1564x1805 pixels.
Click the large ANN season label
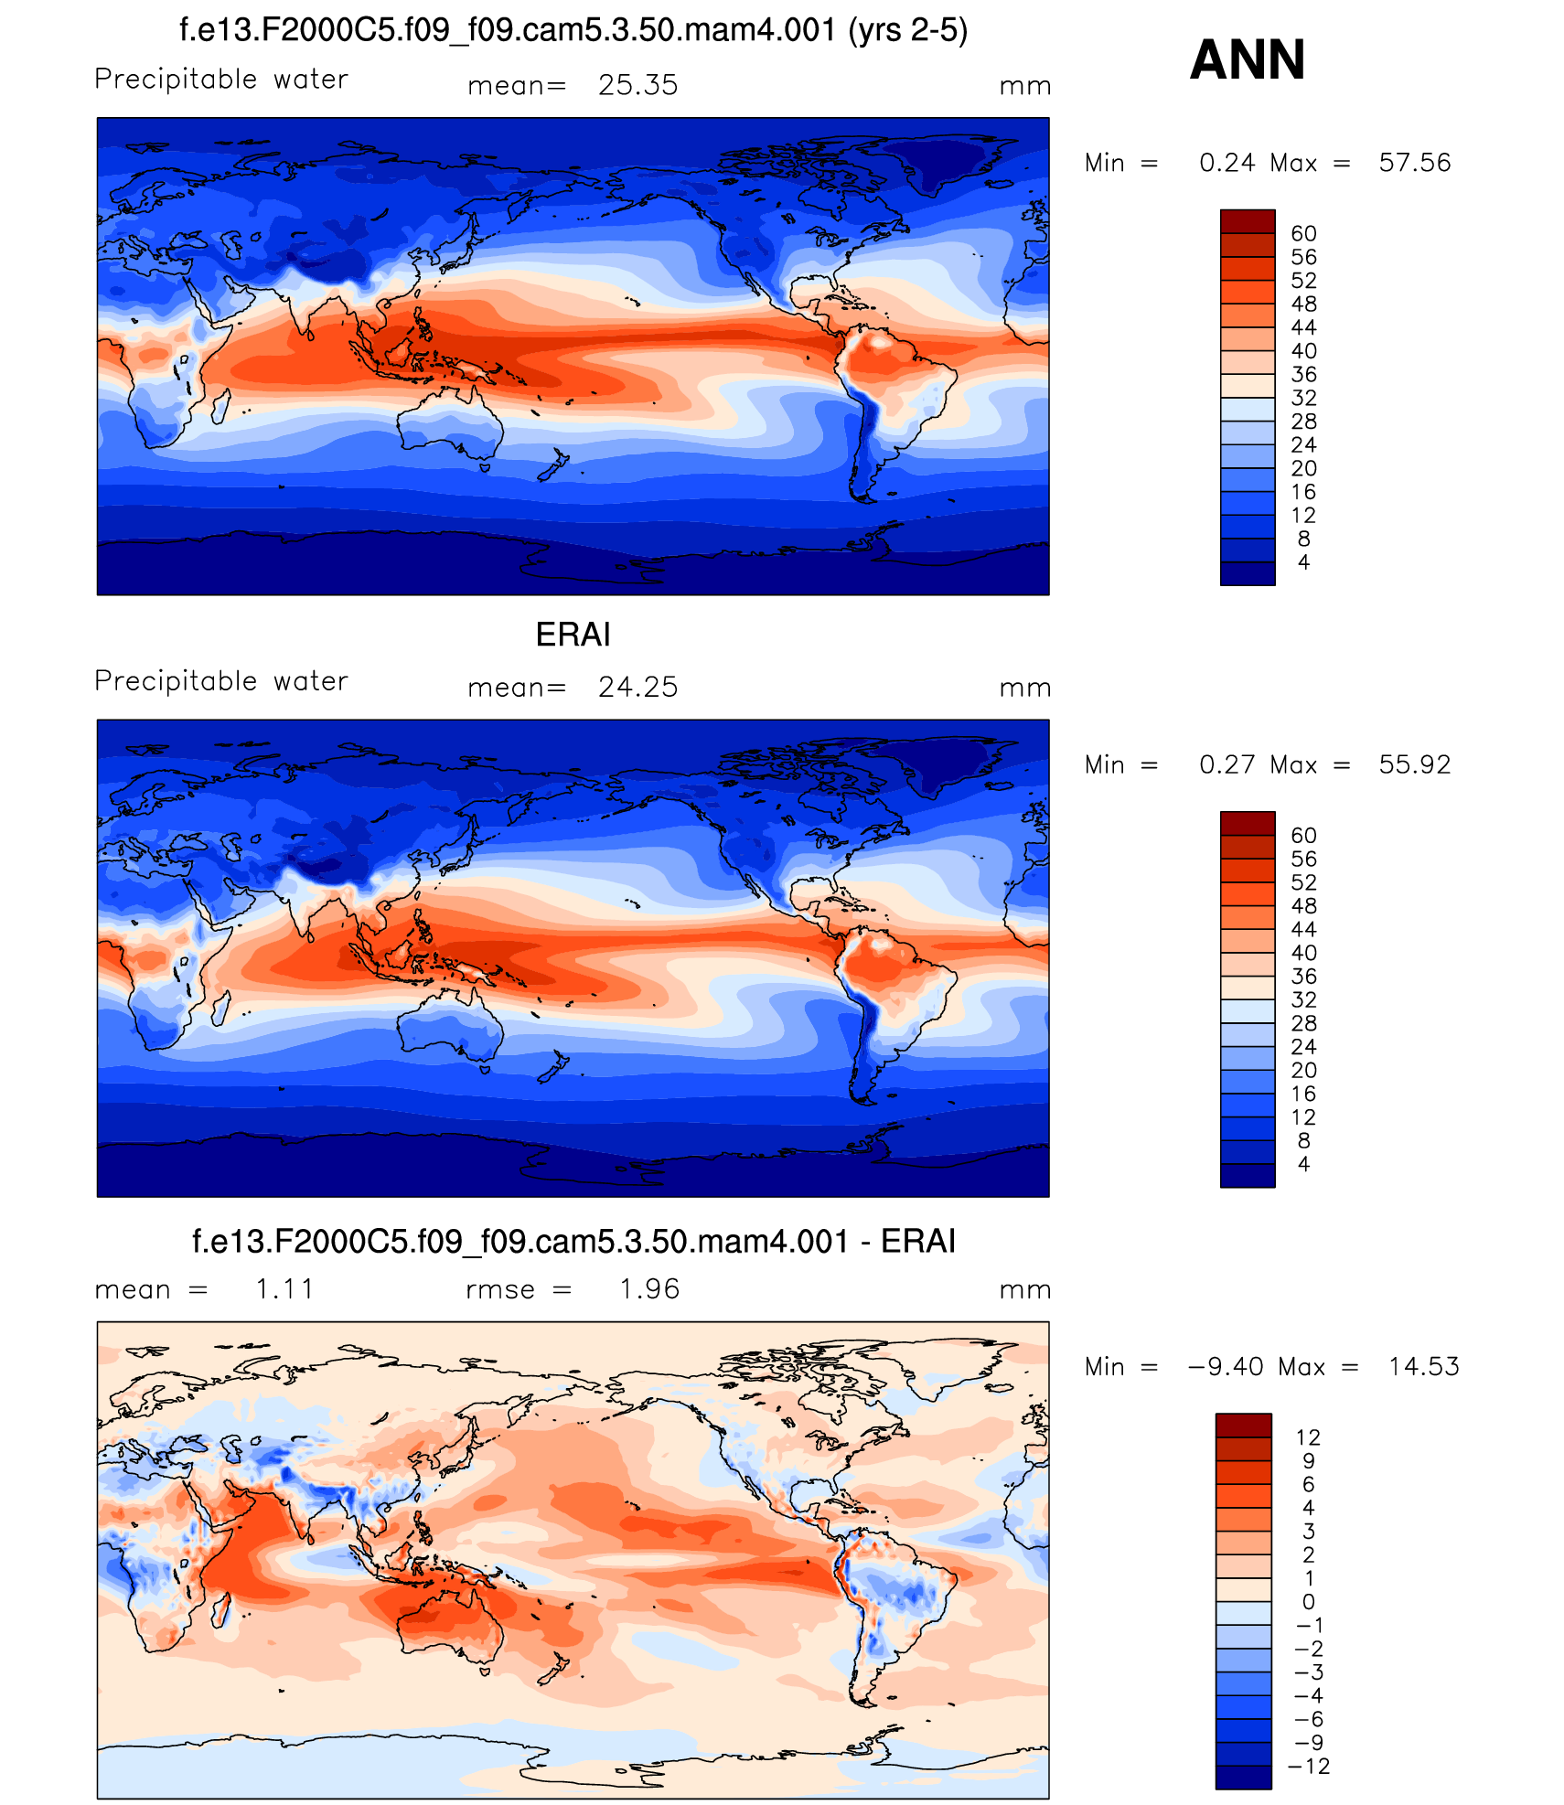pyautogui.click(x=1247, y=60)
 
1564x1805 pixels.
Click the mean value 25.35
pyautogui.click(x=637, y=85)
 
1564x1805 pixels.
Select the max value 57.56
pyautogui.click(x=1414, y=163)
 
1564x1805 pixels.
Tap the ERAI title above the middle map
pyautogui.click(x=573, y=635)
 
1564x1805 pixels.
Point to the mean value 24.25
pyautogui.click(x=637, y=687)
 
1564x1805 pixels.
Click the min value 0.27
pyautogui.click(x=1227, y=764)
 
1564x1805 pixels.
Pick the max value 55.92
pyautogui.click(x=1414, y=764)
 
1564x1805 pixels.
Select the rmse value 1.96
pyautogui.click(x=649, y=1288)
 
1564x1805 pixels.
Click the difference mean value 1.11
pyautogui.click(x=284, y=1288)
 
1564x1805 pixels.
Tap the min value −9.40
pyautogui.click(x=1226, y=1366)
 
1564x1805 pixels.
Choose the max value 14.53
pyautogui.click(x=1423, y=1366)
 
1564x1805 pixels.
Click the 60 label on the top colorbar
pyautogui.click(x=1303, y=234)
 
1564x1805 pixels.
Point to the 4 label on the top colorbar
pyautogui.click(x=1303, y=562)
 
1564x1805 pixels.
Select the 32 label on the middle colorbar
pyautogui.click(x=1303, y=1000)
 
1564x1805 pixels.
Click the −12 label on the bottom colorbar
pyautogui.click(x=1309, y=1766)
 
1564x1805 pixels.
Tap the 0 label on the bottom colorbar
pyautogui.click(x=1309, y=1601)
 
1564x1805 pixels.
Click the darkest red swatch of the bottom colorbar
pyautogui.click(x=1243, y=1425)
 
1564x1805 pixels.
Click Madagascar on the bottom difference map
pyautogui.click(x=220, y=1607)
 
